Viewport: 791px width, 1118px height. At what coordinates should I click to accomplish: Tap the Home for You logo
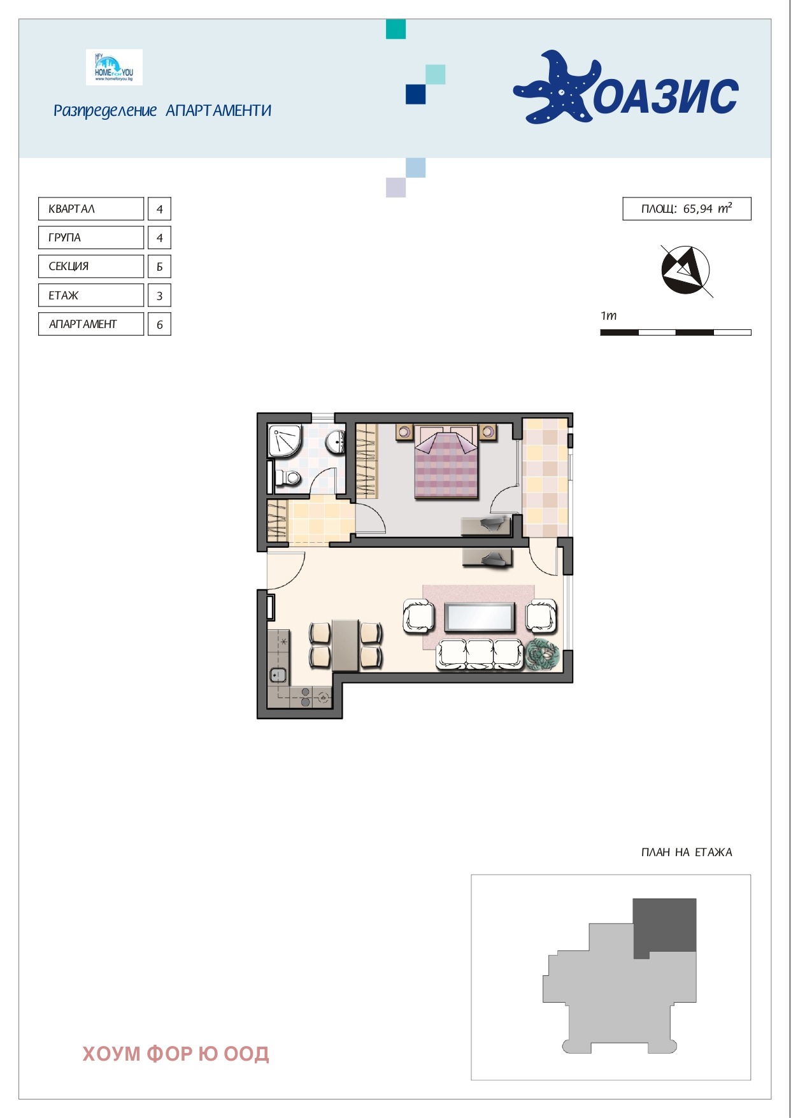(114, 67)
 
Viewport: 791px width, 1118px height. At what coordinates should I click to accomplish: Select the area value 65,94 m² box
(687, 209)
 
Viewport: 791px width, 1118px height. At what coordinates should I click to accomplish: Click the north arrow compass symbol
(686, 270)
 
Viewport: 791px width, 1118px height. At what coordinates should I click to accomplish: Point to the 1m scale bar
(676, 332)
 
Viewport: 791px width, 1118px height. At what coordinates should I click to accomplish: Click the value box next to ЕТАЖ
(159, 296)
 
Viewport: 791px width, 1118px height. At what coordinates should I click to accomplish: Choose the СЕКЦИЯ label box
(91, 266)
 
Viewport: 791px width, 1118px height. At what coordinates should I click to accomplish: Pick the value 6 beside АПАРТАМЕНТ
(159, 324)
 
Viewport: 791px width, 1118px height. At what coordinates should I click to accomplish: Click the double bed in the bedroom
(446, 462)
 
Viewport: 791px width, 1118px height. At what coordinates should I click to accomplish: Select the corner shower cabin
(285, 441)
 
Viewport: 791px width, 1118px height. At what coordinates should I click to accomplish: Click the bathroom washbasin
(336, 441)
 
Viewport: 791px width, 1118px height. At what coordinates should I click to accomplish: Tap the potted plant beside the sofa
(542, 655)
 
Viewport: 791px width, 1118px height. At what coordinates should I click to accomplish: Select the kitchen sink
(278, 675)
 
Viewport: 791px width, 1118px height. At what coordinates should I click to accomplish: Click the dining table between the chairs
(345, 645)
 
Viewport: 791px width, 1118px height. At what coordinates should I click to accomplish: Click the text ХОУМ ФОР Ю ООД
(176, 1054)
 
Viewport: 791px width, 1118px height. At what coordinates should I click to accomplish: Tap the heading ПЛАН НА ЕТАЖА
(687, 852)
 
